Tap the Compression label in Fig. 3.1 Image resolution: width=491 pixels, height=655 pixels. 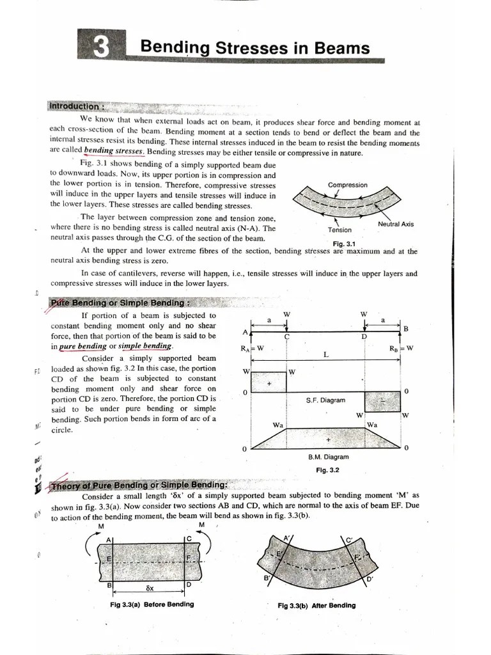coord(347,185)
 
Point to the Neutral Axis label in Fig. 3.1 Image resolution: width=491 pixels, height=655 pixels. coord(396,225)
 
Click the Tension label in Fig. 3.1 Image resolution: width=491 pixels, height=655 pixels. coord(339,230)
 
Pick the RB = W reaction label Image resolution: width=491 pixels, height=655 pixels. coord(401,349)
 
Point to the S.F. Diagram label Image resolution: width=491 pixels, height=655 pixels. coord(325,400)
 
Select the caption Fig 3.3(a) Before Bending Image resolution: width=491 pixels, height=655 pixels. coord(152,604)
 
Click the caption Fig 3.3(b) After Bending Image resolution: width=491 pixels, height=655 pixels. coord(316,605)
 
